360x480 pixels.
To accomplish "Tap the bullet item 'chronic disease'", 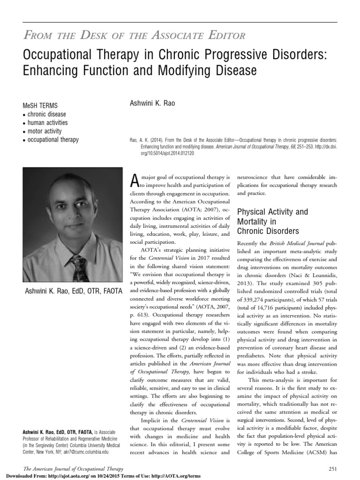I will click(46, 114).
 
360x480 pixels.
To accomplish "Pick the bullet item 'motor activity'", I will click(44, 131).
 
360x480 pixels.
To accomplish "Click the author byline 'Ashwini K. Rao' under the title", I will click(152, 103).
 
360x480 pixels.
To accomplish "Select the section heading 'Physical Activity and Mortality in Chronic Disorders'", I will click(272, 221).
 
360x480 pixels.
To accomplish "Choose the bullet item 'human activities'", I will click(48, 123).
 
